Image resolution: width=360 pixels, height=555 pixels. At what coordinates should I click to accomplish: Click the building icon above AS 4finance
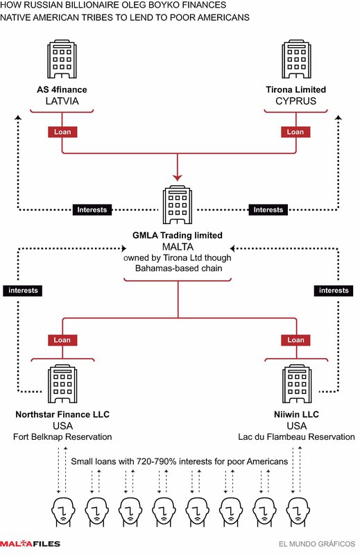pyautogui.click(x=62, y=59)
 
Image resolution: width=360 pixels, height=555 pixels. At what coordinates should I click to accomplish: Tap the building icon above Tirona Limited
pyautogui.click(x=296, y=59)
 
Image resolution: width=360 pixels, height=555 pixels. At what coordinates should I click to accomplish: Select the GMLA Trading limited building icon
pyautogui.click(x=178, y=205)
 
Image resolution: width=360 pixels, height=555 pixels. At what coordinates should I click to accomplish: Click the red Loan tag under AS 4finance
pyautogui.click(x=62, y=132)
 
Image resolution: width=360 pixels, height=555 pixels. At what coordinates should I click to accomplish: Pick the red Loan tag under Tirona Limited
pyautogui.click(x=295, y=132)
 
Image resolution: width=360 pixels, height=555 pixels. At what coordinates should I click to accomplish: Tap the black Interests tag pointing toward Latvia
pyautogui.click(x=92, y=210)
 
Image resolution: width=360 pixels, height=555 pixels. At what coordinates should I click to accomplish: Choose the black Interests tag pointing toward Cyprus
pyautogui.click(x=268, y=210)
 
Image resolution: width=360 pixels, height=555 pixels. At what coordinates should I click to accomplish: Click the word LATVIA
pyautogui.click(x=62, y=101)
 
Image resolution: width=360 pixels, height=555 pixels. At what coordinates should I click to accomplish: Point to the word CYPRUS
pyautogui.click(x=296, y=101)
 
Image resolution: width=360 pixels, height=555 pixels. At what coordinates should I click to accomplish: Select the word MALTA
pyautogui.click(x=178, y=247)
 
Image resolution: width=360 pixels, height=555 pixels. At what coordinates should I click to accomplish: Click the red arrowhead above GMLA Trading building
pyautogui.click(x=178, y=178)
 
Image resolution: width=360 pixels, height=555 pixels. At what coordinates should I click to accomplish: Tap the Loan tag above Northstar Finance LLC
pyautogui.click(x=62, y=340)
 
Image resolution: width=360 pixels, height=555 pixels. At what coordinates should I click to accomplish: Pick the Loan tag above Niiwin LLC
pyautogui.click(x=296, y=340)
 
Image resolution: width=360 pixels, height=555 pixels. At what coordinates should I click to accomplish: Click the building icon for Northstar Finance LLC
pyautogui.click(x=62, y=384)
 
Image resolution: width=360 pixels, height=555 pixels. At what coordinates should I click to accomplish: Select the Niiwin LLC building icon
pyautogui.click(x=297, y=384)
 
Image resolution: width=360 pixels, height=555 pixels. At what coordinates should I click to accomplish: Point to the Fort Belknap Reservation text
pyautogui.click(x=62, y=437)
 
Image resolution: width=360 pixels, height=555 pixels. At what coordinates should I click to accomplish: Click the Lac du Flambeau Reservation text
pyautogui.click(x=296, y=437)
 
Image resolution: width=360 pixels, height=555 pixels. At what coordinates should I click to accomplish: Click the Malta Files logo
pyautogui.click(x=30, y=544)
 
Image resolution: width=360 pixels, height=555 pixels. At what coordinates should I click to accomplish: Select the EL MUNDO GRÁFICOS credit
pyautogui.click(x=317, y=544)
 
